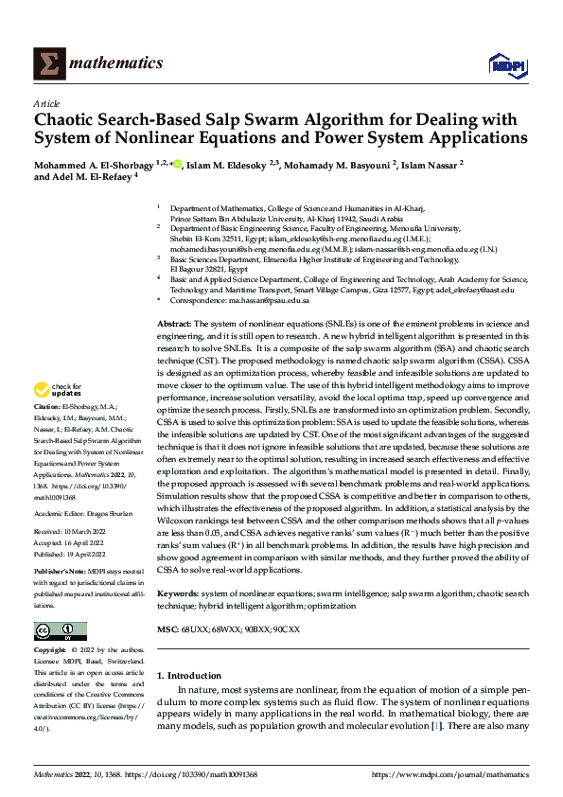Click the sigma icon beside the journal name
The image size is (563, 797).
point(47,62)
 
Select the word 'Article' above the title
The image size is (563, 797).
point(46,102)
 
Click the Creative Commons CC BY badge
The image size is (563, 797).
point(60,630)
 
